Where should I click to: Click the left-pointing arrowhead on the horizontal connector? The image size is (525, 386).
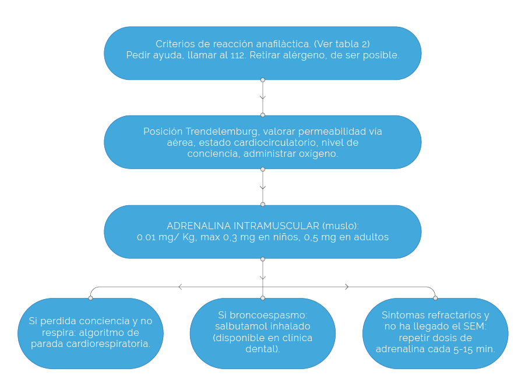coord(181,287)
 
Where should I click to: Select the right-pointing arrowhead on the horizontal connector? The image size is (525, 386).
coord(347,287)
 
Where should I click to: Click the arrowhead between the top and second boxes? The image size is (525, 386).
coord(263,97)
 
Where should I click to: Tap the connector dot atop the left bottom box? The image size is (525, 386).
coord(90,298)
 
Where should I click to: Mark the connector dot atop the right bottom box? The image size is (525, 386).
coord(435,298)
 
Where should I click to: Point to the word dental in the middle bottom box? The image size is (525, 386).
coord(262,349)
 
